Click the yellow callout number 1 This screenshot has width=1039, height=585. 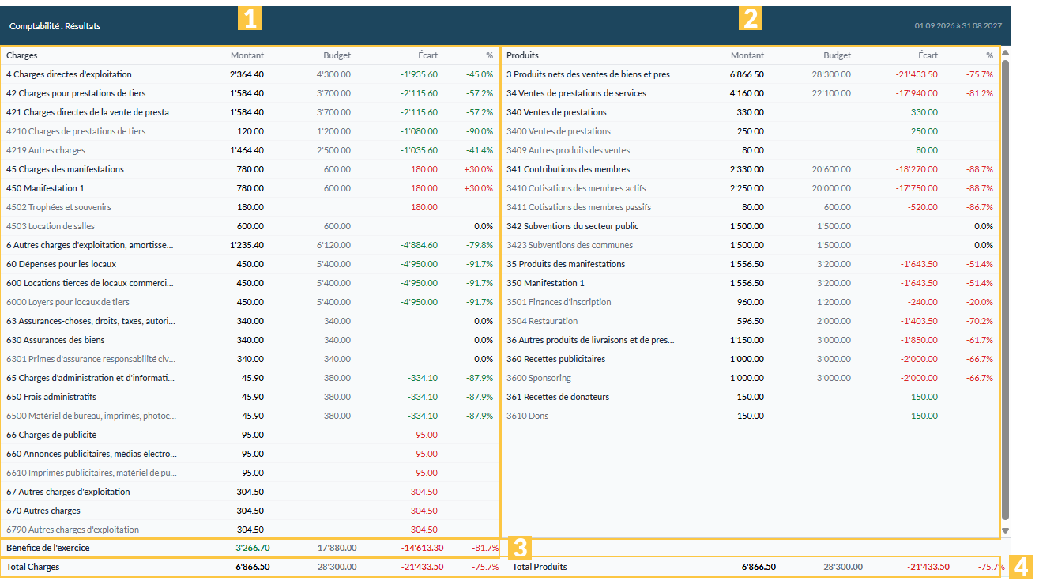click(x=250, y=18)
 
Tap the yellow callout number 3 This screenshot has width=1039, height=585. click(x=520, y=548)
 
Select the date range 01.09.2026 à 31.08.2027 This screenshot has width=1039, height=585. click(x=958, y=26)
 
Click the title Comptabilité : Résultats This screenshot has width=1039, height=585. click(x=55, y=26)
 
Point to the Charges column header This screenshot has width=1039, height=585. click(x=22, y=55)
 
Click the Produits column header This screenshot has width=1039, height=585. click(x=522, y=55)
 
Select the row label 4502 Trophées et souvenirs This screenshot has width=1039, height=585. click(x=58, y=207)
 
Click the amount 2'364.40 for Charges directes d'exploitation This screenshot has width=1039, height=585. click(x=247, y=74)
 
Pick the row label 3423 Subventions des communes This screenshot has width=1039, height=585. click(x=570, y=245)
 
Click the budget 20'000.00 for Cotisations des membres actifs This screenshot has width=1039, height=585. click(x=831, y=188)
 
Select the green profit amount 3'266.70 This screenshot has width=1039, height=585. click(x=252, y=548)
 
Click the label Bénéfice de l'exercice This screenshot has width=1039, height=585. click(x=47, y=548)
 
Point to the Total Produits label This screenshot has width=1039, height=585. click(x=540, y=567)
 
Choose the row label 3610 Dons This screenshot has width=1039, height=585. click(x=527, y=416)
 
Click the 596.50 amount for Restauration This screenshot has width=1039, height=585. click(x=750, y=321)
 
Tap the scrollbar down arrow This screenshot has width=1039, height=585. click(x=1006, y=530)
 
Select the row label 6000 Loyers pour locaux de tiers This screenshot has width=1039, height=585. click(x=68, y=302)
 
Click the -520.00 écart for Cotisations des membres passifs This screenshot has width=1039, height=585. click(x=923, y=207)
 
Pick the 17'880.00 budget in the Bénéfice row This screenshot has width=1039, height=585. click(x=337, y=548)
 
